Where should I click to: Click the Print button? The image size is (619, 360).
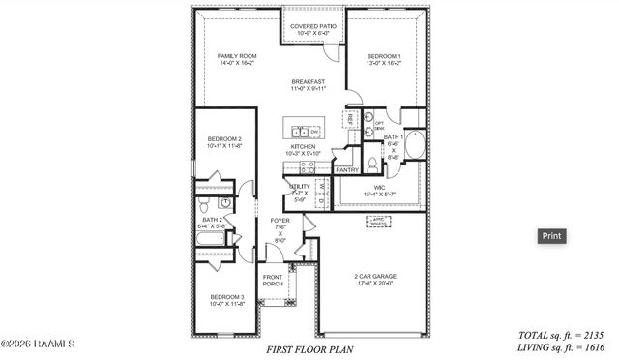click(x=551, y=235)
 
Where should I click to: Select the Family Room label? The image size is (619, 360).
click(x=236, y=60)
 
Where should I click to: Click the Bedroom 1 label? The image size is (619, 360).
click(x=384, y=60)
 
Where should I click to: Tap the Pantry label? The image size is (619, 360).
click(x=347, y=170)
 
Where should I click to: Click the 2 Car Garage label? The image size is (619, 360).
click(x=375, y=279)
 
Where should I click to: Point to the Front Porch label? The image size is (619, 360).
click(x=273, y=281)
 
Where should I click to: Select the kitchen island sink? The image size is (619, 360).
click(x=300, y=132)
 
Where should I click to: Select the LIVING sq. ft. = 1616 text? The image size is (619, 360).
click(x=561, y=345)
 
